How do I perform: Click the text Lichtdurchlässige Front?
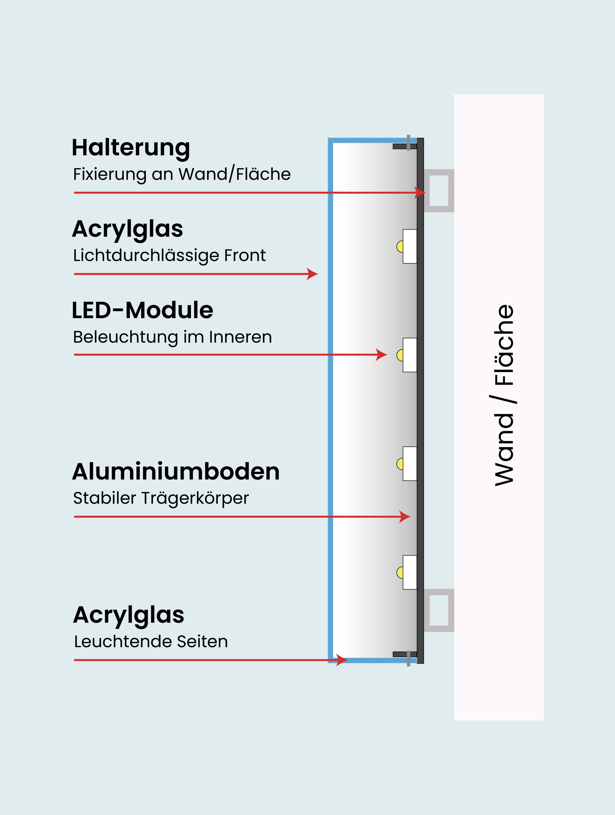click(169, 255)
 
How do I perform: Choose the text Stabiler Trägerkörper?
click(161, 498)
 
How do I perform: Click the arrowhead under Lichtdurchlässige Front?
click(313, 274)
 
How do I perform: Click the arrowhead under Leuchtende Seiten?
click(342, 660)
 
